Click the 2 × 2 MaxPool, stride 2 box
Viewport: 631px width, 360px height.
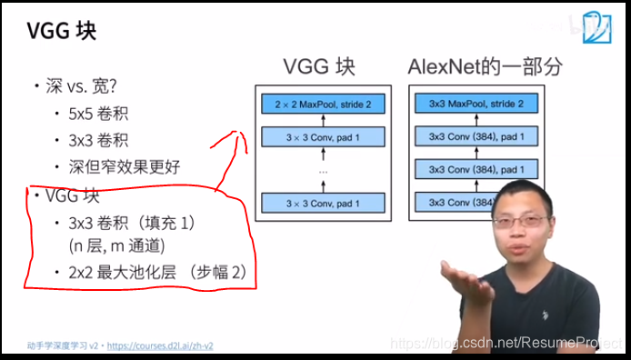click(323, 105)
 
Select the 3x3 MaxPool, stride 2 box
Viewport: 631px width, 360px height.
click(476, 105)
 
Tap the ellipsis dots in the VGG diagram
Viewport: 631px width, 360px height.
click(323, 170)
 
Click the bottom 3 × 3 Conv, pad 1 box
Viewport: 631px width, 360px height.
click(323, 203)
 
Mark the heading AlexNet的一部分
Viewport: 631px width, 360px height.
click(485, 67)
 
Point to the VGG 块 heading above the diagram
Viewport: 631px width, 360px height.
click(318, 67)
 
